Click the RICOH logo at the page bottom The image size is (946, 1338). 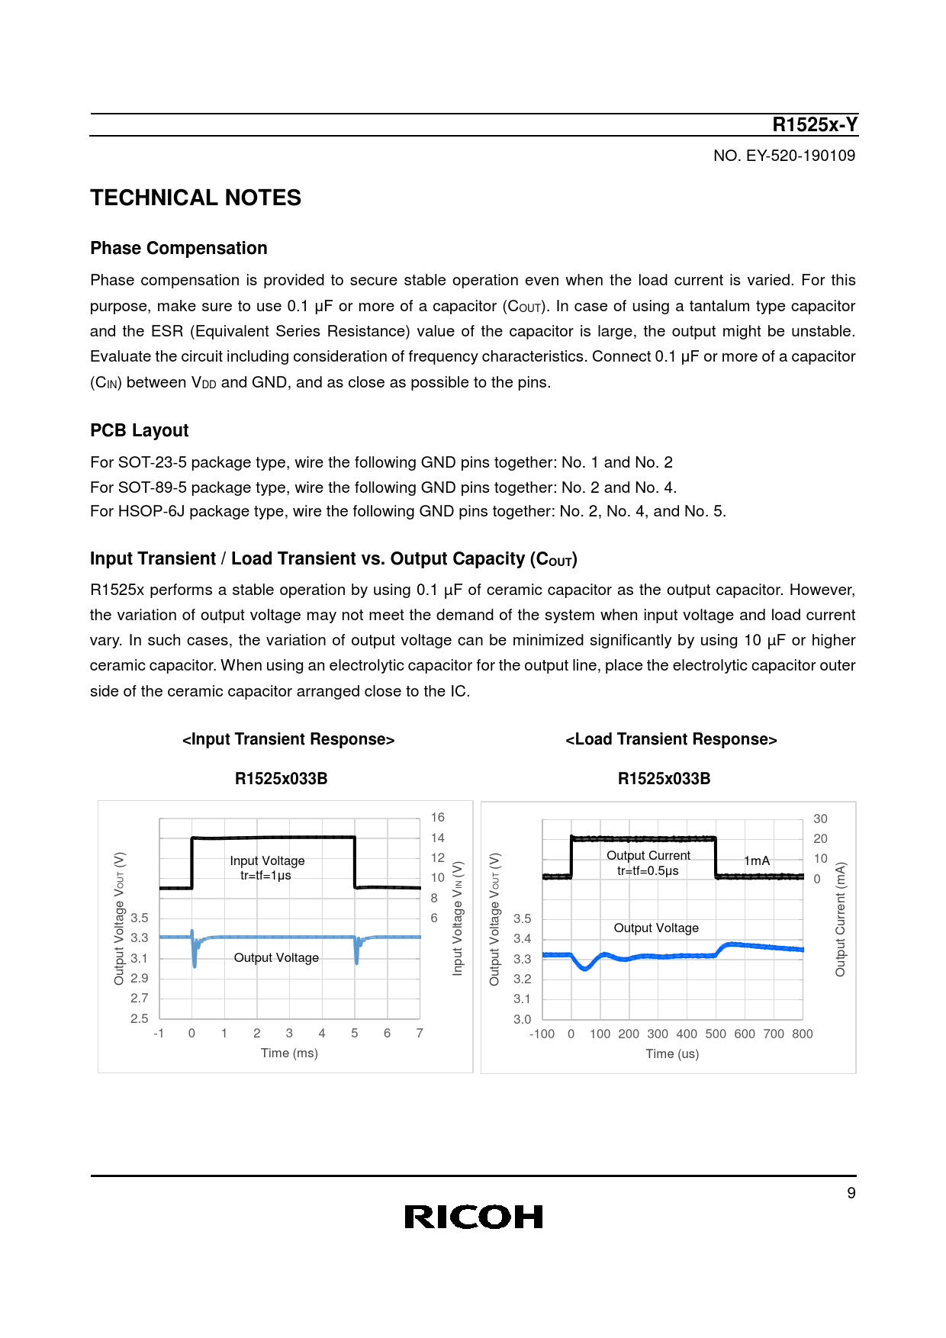473,1217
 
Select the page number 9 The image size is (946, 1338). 851,1193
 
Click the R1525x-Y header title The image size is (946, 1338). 815,124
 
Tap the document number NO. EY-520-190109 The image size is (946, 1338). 784,156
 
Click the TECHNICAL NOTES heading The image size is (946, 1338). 195,198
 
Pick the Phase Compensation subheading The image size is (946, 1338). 179,248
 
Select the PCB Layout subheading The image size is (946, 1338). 139,430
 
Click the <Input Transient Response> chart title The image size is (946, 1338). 288,739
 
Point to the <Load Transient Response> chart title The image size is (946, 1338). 671,739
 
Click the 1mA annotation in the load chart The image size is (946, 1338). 757,860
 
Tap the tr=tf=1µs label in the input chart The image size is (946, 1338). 265,875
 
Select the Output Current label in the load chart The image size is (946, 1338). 648,855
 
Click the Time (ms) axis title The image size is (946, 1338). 289,1053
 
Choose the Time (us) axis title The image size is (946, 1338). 672,1053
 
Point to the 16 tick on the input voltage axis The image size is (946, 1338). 437,817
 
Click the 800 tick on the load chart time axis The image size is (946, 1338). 803,1034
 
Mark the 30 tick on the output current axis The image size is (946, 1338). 820,819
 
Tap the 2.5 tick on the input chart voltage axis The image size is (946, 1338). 140,1018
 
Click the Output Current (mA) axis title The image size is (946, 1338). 840,919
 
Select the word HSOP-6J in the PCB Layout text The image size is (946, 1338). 151,511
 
